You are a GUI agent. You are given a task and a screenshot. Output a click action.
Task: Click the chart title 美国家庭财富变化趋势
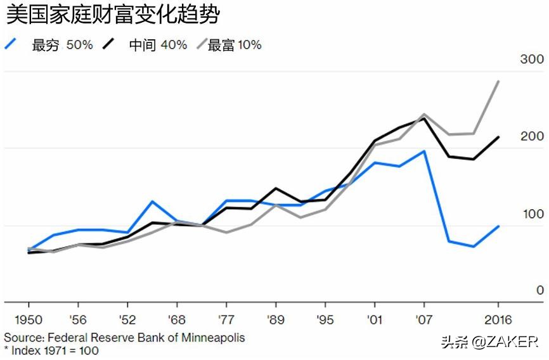click(x=113, y=14)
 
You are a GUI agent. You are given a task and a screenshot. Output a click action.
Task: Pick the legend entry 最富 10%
click(x=235, y=45)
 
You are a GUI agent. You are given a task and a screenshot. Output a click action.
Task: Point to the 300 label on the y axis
click(x=531, y=60)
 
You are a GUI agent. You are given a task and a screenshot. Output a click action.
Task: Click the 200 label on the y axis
click(x=531, y=137)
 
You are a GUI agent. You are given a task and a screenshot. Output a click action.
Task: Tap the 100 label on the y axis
click(x=531, y=214)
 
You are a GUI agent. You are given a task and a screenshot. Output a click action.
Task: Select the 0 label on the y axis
click(x=539, y=291)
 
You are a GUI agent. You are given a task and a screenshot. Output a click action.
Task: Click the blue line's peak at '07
click(x=423, y=151)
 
